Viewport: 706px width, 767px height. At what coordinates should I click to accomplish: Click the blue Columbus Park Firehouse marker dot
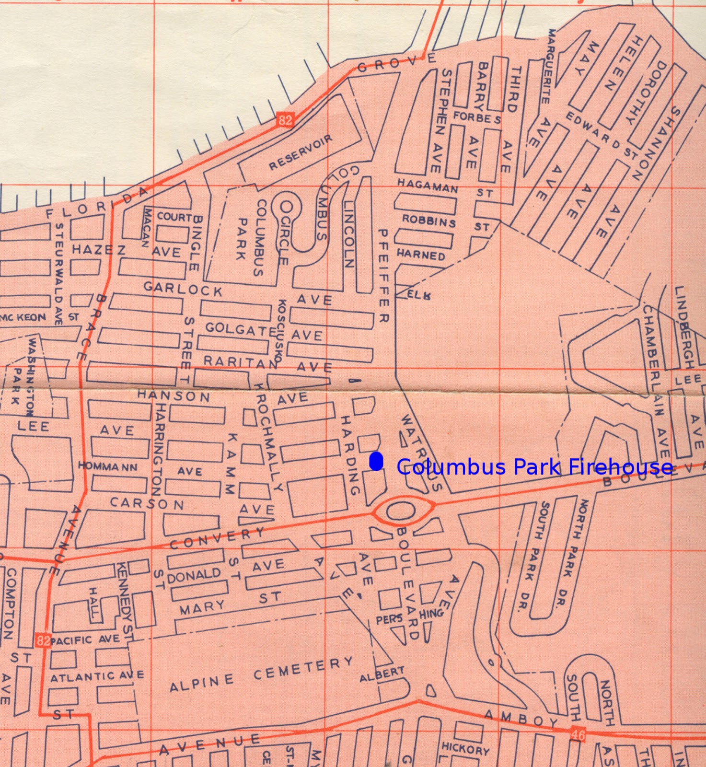[x=376, y=461]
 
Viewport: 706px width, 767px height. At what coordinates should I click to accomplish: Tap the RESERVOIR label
[x=301, y=152]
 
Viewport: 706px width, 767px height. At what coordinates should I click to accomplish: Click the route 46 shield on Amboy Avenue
[x=578, y=734]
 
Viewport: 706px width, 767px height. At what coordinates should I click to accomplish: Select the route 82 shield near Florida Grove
[x=285, y=120]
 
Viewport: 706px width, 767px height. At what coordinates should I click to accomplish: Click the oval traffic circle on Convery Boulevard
[x=401, y=511]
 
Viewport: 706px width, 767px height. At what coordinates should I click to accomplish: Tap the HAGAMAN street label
[x=427, y=186]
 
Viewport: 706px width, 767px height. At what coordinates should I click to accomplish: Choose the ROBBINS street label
[x=428, y=221]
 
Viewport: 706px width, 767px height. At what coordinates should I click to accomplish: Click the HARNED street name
[x=421, y=254]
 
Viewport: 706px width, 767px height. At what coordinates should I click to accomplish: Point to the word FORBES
[x=477, y=117]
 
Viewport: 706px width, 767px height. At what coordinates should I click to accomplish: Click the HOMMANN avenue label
[x=108, y=466]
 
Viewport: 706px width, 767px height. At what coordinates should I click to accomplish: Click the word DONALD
[x=194, y=575]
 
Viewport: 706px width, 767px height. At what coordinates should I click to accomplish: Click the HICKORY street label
[x=465, y=749]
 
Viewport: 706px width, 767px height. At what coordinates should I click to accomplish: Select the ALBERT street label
[x=382, y=674]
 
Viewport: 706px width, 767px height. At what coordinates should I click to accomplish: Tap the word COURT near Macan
[x=174, y=217]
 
